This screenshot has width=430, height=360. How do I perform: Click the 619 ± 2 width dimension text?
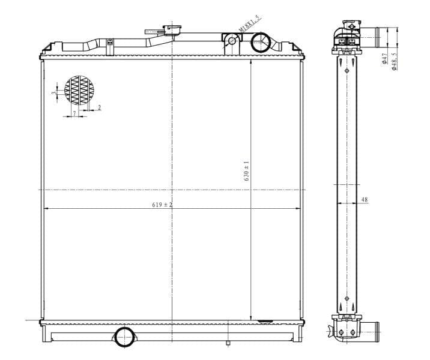pyautogui.click(x=162, y=205)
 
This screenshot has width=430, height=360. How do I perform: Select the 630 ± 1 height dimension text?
pyautogui.click(x=246, y=171)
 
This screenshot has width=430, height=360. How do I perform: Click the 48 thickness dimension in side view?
pyautogui.click(x=365, y=199)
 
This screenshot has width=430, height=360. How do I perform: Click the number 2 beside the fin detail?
pyautogui.click(x=99, y=107)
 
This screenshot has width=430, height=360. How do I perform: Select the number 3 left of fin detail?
pyautogui.click(x=54, y=93)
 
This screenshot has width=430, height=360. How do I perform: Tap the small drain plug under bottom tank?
pyautogui.click(x=228, y=343)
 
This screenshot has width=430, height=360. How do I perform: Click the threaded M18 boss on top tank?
pyautogui.click(x=231, y=41)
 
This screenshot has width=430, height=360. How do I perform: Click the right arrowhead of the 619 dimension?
pyautogui.click(x=298, y=208)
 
